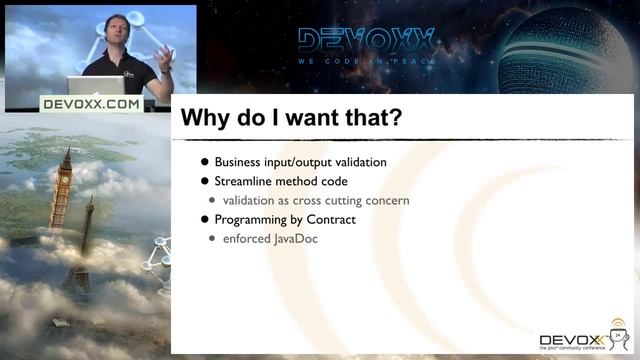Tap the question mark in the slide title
396,118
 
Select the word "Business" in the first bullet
240,162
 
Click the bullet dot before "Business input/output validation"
205,162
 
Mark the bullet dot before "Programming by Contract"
205,219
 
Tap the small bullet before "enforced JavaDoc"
213,239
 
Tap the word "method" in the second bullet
301,181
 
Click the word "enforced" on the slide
247,239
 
